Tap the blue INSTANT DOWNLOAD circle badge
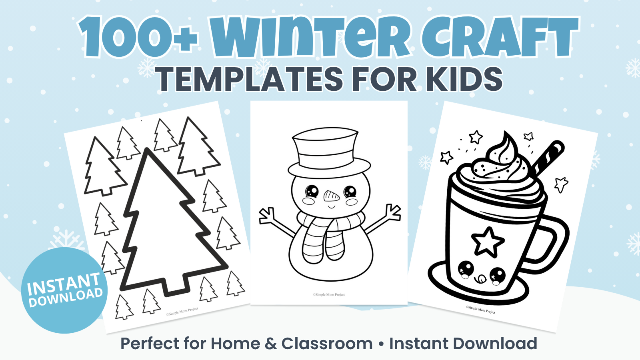[x=64, y=290]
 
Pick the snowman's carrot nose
[x=332, y=196]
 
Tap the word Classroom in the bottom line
[x=327, y=343]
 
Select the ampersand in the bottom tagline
[x=271, y=344]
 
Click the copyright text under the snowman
[x=329, y=294]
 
